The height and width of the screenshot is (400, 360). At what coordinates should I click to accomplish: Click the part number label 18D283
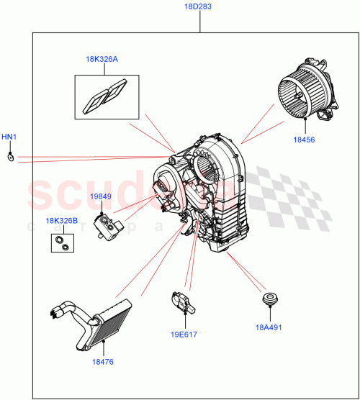tap(200, 8)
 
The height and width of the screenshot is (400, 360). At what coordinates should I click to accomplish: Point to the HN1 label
tap(9, 137)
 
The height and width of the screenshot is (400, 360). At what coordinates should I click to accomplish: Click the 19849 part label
tap(101, 196)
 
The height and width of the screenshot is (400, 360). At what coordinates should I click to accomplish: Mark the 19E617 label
tap(184, 335)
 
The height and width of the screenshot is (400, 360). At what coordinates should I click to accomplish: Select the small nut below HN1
tap(10, 158)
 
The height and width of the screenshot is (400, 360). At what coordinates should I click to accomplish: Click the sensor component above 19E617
tap(180, 302)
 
